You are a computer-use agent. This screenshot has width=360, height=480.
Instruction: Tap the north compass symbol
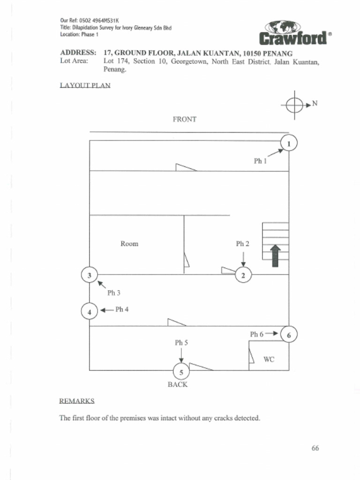(x=294, y=105)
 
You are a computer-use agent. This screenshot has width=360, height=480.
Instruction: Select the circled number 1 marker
(x=289, y=143)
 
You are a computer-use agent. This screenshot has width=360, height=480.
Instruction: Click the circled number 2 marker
(x=243, y=275)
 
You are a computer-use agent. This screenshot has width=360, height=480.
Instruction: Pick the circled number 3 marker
(x=89, y=275)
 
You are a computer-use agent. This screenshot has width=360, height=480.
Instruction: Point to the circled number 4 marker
(x=89, y=310)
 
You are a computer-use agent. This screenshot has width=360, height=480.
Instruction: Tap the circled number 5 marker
(x=181, y=372)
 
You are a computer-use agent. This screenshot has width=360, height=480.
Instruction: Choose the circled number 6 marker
(x=289, y=335)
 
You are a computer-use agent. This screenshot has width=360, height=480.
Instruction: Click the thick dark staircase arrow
(x=275, y=256)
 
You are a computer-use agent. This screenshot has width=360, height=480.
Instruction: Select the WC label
(x=269, y=360)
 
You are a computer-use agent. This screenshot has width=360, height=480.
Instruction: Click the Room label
(x=129, y=244)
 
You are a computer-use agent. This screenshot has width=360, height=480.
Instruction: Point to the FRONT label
(x=185, y=120)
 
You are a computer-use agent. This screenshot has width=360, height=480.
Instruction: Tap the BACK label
(x=178, y=384)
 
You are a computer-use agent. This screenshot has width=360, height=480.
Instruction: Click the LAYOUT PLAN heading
(x=85, y=86)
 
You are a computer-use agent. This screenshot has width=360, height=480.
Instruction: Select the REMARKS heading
(x=77, y=401)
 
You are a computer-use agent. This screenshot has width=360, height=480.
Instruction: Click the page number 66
(x=315, y=448)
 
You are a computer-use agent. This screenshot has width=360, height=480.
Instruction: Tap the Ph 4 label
(x=122, y=309)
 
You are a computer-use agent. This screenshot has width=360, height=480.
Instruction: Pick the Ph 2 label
(x=242, y=244)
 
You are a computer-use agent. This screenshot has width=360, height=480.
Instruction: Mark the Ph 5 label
(x=181, y=343)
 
